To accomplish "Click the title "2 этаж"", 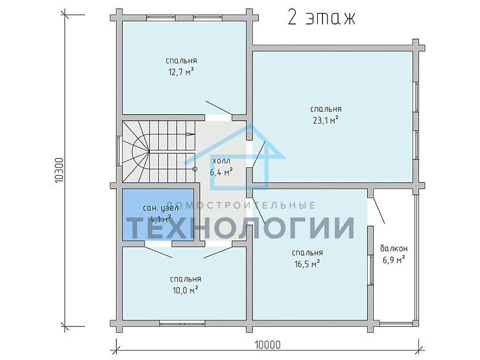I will pyautogui.click(x=321, y=18).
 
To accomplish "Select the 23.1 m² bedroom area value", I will pyautogui.click(x=325, y=120).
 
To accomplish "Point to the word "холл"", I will pyautogui.click(x=221, y=161).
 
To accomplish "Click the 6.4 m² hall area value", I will pyautogui.click(x=221, y=172).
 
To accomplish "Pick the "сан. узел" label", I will pyautogui.click(x=157, y=208).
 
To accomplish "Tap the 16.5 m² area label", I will pyautogui.click(x=307, y=264).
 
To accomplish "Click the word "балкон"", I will pyautogui.click(x=394, y=248).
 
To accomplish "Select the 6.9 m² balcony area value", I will pyautogui.click(x=394, y=259).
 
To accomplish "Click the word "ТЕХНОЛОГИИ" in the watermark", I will pyautogui.click(x=240, y=228).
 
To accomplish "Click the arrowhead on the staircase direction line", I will pyautogui.click(x=191, y=134).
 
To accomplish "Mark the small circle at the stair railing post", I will pyautogui.click(x=195, y=167).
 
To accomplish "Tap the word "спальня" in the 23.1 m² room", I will pyautogui.click(x=326, y=109).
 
